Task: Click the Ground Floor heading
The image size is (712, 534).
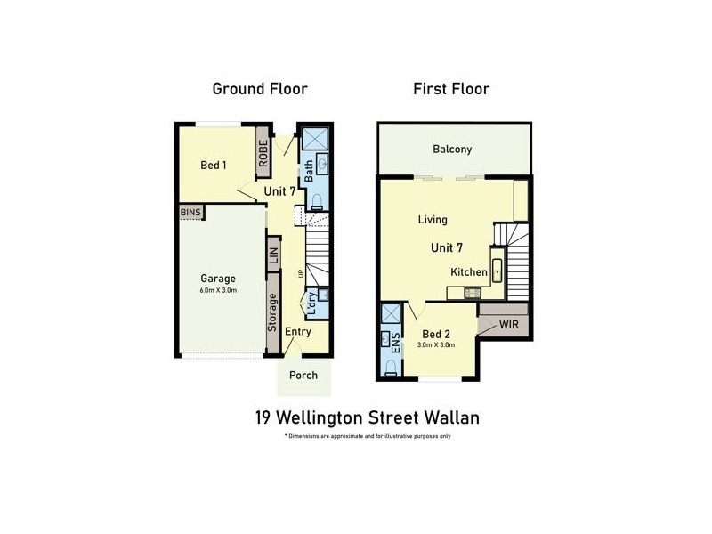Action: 259,89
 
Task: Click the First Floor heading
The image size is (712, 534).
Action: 451,89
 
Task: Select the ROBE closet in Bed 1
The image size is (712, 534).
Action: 263,154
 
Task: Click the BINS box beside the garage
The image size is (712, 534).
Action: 190,212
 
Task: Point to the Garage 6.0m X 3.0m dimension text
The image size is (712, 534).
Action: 217,290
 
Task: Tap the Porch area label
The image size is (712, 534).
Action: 303,376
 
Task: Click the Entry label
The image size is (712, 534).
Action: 298,331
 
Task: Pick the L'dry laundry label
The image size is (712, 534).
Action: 311,303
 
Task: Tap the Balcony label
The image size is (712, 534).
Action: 452,150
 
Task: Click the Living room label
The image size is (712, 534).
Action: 433,220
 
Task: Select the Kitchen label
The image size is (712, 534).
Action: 468,272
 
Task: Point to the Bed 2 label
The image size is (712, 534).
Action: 436,335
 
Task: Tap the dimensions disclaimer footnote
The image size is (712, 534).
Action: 368,436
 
